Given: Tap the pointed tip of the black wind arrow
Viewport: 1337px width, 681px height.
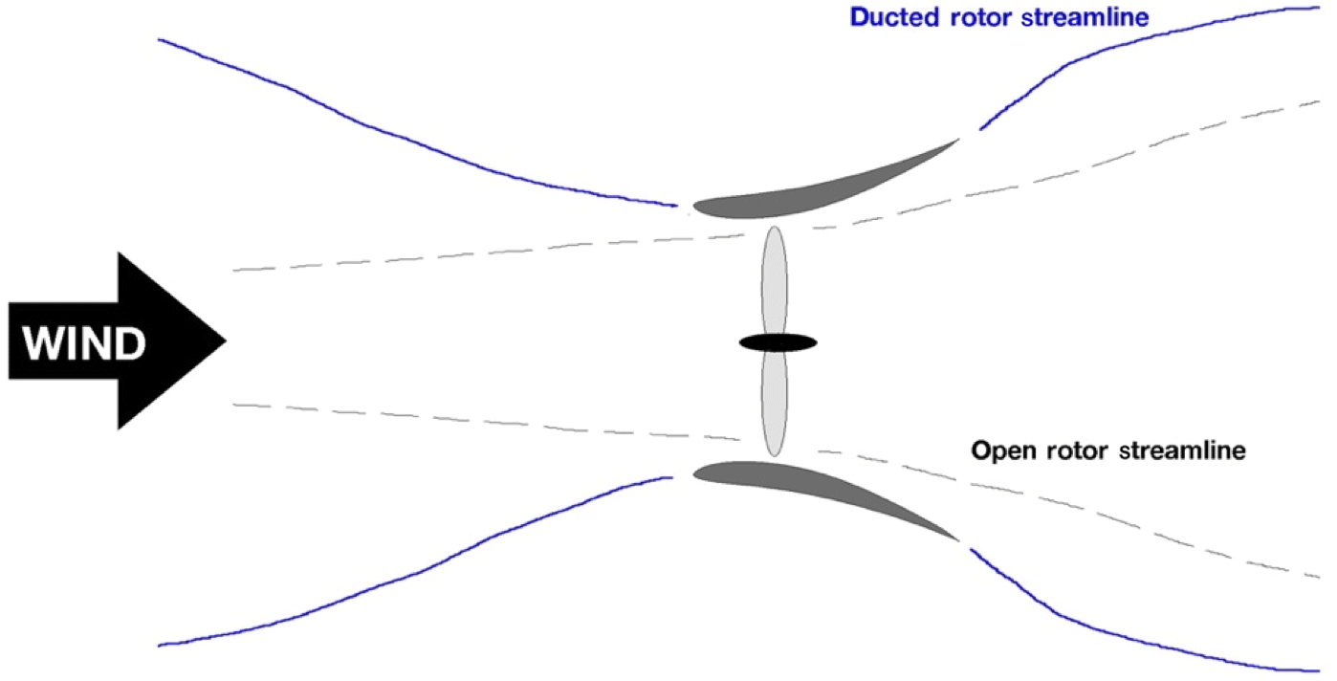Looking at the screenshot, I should tap(224, 340).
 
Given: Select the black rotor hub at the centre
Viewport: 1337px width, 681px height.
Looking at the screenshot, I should tap(777, 341).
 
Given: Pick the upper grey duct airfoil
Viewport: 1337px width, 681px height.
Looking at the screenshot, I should tap(813, 191).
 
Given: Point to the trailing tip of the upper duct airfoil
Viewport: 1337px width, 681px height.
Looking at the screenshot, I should tap(958, 140).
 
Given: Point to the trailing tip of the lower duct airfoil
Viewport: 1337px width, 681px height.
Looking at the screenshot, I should tap(958, 541).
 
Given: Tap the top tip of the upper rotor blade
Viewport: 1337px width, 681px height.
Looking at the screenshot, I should tap(775, 228).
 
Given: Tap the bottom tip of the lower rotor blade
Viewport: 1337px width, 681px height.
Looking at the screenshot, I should tap(776, 455).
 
